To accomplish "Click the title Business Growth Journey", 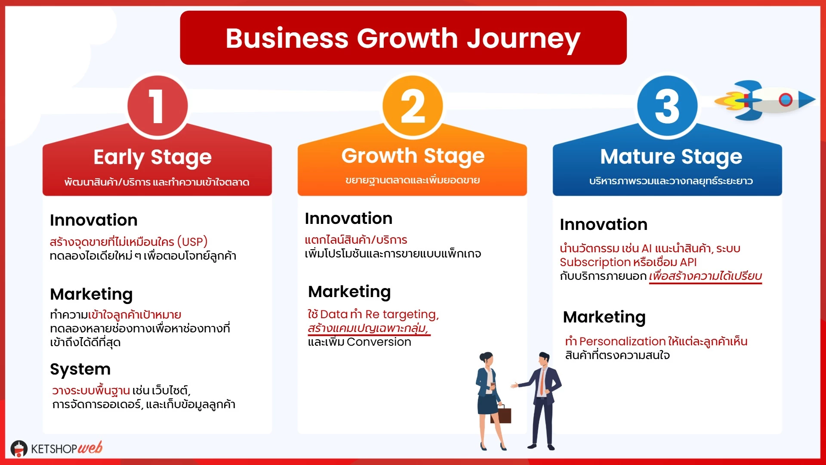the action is click(x=403, y=39).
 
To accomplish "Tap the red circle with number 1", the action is click(x=157, y=106).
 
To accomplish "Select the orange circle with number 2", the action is click(x=413, y=106).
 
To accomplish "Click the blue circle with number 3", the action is click(x=667, y=106).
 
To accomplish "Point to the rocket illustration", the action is click(x=765, y=100).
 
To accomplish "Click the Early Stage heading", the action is click(x=153, y=158).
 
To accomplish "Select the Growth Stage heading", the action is click(x=413, y=156).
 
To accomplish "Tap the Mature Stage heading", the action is click(x=671, y=157).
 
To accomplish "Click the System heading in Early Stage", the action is click(x=80, y=369).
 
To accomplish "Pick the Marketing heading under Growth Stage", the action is click(x=349, y=292).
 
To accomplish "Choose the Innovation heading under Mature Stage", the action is click(x=604, y=224).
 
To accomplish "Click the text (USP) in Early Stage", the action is click(x=192, y=242).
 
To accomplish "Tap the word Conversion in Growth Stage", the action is click(x=379, y=342).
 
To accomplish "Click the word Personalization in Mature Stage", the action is click(x=623, y=341).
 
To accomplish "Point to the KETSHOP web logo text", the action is click(x=67, y=448).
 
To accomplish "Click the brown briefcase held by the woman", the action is click(x=501, y=414).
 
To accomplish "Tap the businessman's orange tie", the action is click(x=542, y=381).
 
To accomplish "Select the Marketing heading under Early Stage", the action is click(x=91, y=294).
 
